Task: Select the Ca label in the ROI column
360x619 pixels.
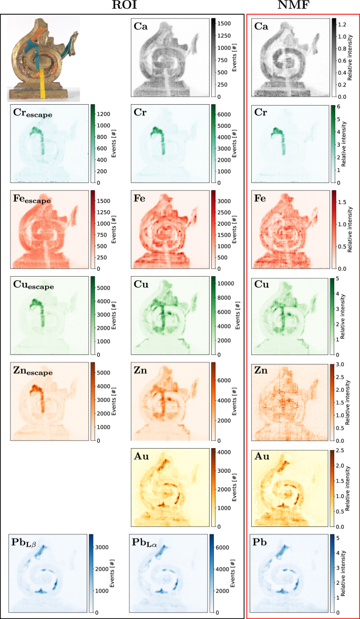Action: click(x=140, y=26)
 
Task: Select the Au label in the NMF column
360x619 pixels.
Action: click(x=261, y=456)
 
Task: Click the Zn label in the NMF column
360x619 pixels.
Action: click(x=261, y=371)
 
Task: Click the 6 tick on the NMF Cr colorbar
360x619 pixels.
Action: click(x=339, y=107)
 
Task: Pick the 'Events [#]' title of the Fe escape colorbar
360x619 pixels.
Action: click(x=114, y=229)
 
